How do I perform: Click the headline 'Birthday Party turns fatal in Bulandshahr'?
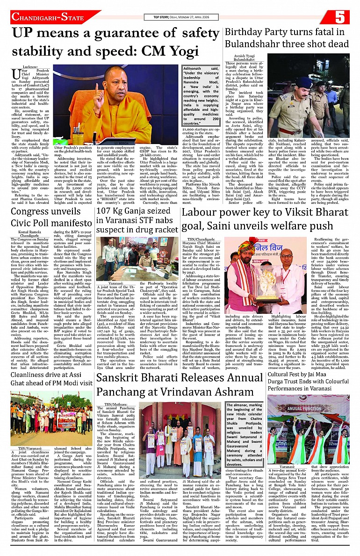[287, 38]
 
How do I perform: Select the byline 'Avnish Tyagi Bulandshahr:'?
[244, 58]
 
